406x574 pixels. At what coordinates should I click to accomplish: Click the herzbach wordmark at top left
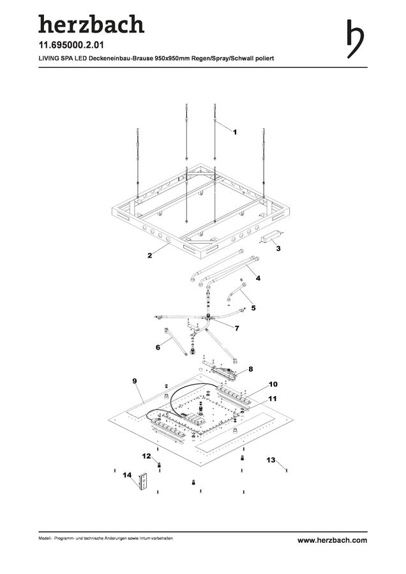point(91,24)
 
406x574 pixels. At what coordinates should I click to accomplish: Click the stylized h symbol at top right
point(355,39)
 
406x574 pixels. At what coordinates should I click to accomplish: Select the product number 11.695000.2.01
point(71,45)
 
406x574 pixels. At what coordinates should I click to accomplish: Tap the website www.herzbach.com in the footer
point(332,540)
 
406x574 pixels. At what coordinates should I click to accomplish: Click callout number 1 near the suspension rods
point(235,132)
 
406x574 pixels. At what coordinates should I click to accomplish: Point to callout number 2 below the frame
point(149,256)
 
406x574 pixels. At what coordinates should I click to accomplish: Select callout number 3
point(278,248)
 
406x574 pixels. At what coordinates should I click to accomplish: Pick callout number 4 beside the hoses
point(258,278)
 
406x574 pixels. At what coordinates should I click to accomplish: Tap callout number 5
point(253,308)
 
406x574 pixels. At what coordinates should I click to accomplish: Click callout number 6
point(158,347)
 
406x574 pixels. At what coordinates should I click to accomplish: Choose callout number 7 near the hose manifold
point(237,328)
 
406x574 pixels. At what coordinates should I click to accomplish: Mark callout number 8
point(251,369)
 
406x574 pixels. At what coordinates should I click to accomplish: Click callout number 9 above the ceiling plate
point(135,381)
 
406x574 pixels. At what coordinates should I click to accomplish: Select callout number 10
point(273,384)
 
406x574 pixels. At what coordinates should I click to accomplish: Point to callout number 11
point(272,398)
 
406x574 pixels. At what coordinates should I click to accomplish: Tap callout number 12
point(146,456)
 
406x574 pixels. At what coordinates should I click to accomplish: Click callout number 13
point(271,460)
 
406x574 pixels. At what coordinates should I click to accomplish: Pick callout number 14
point(127,475)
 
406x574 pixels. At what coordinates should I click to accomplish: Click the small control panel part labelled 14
point(143,482)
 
